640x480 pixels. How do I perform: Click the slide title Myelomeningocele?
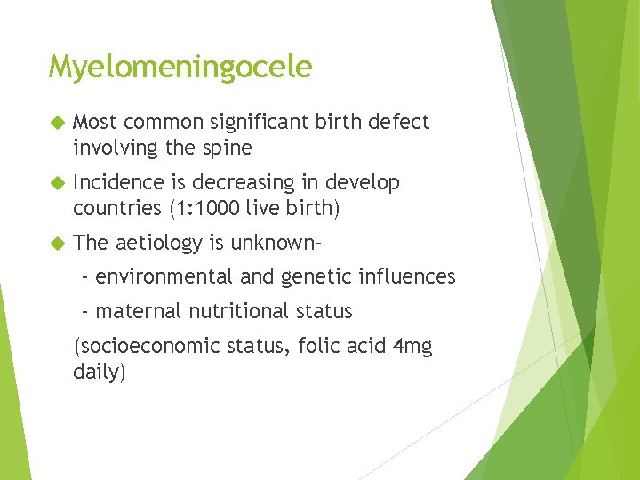[x=180, y=68]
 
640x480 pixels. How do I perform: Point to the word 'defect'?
[x=397, y=122]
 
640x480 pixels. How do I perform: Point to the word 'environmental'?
[x=164, y=277]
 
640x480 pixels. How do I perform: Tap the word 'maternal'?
[x=135, y=312]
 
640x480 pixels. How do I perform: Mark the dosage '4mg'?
[x=412, y=347]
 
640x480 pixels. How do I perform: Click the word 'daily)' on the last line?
[x=100, y=372]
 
